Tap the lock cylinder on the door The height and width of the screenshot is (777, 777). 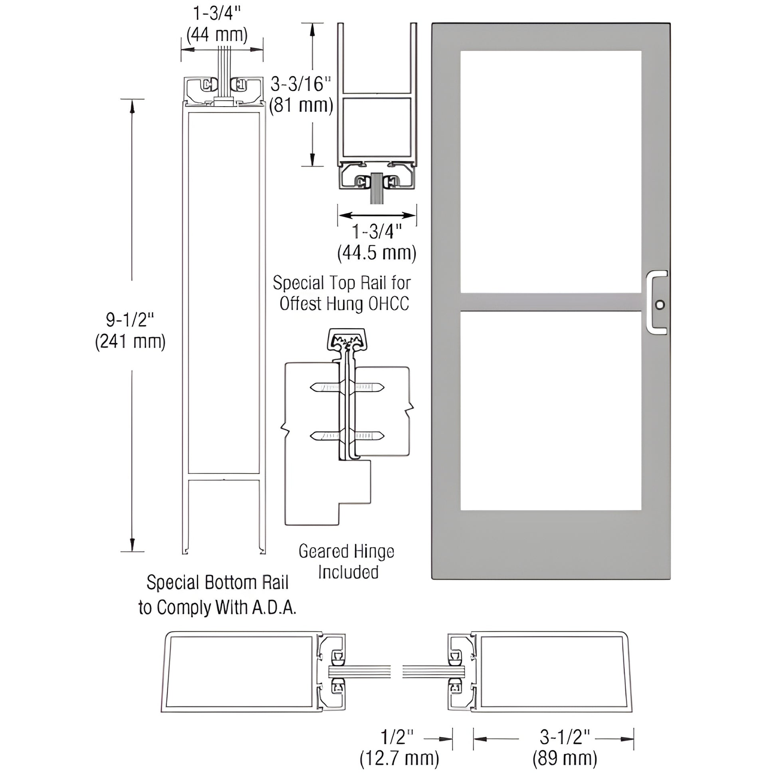pyautogui.click(x=660, y=304)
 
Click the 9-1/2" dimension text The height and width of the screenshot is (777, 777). pyautogui.click(x=130, y=320)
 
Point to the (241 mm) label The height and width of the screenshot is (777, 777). pyautogui.click(x=130, y=342)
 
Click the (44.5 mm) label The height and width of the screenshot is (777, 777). pyautogui.click(x=377, y=253)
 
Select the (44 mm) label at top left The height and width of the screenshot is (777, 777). pyautogui.click(x=217, y=35)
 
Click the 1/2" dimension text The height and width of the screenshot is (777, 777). pyautogui.click(x=396, y=737)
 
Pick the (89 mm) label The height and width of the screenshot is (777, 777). pyautogui.click(x=565, y=759)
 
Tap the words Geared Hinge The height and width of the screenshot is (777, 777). pyautogui.click(x=346, y=551)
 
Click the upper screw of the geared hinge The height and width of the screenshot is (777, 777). pyautogui.click(x=347, y=387)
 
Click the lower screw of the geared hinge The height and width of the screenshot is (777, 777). pyautogui.click(x=347, y=435)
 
